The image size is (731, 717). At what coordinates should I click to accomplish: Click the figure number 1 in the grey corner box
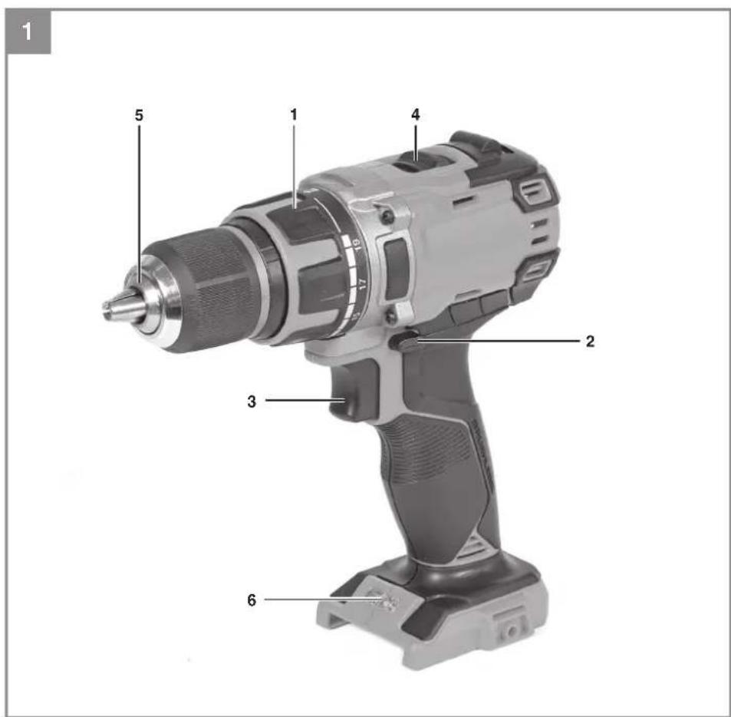point(28,33)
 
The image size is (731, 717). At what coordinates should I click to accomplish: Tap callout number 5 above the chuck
point(140,115)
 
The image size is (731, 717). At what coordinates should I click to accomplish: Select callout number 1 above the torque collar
point(293,114)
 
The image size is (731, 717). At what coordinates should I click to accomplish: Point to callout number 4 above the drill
point(416,114)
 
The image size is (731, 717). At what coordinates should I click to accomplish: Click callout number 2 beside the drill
point(590,342)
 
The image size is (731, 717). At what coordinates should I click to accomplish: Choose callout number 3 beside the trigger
point(252,401)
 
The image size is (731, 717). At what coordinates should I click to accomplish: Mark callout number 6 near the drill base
point(252,600)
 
